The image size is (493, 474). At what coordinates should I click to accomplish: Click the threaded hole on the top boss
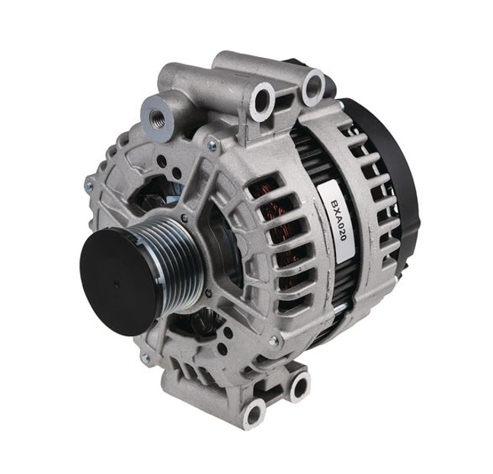(156, 117)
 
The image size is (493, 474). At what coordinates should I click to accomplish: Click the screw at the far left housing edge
(89, 186)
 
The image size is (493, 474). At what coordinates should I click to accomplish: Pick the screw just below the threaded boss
(213, 146)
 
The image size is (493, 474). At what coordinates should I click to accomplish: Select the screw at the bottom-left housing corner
(146, 357)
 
